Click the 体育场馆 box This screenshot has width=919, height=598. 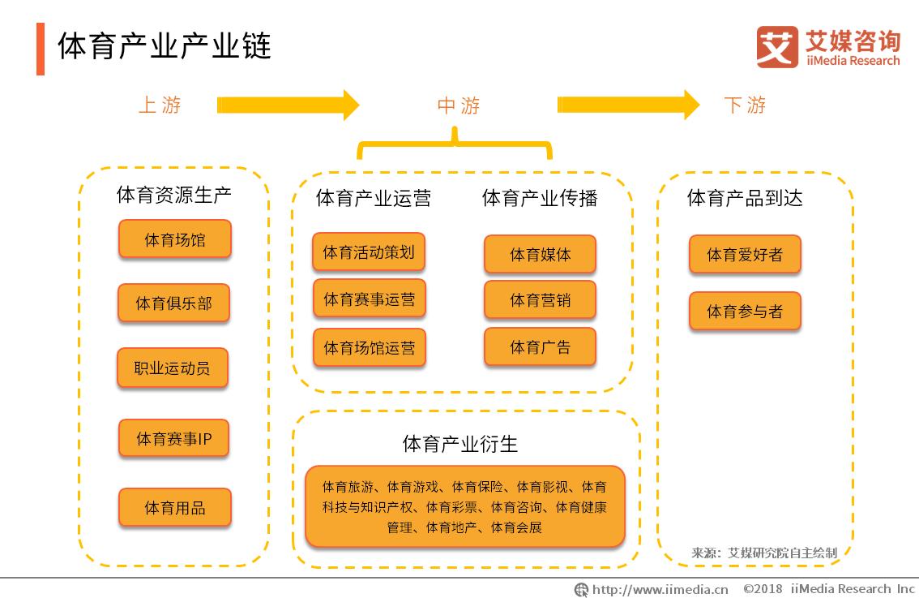click(175, 239)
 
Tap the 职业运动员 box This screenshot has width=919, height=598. click(172, 368)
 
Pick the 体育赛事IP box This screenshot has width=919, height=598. click(174, 439)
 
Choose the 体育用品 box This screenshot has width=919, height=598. click(175, 508)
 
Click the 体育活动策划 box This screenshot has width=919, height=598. click(369, 252)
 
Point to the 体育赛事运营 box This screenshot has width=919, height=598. click(369, 299)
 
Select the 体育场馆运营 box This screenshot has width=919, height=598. click(369, 347)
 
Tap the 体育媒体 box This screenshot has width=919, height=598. click(540, 254)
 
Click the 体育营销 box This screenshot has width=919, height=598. click(540, 300)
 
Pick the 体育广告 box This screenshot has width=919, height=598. click(540, 347)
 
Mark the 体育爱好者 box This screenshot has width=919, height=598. click(745, 255)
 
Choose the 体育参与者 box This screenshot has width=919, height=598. click(745, 311)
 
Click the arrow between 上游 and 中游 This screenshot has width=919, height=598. click(288, 105)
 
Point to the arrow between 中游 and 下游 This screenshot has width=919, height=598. click(628, 105)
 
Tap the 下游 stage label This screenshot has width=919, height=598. click(745, 105)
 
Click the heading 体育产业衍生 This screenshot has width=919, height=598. click(459, 444)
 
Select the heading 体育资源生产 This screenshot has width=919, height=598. click(174, 195)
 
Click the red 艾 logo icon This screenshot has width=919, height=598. click(776, 46)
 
